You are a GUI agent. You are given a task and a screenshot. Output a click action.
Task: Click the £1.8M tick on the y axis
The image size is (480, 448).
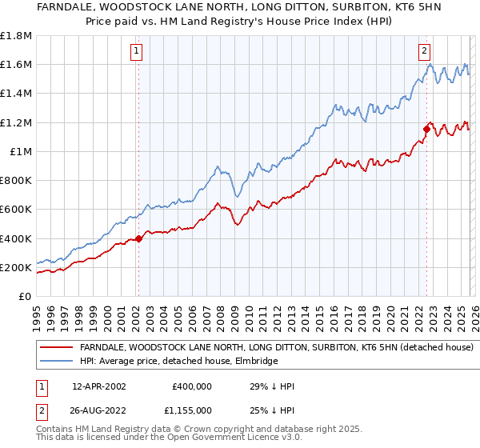(x=18, y=35)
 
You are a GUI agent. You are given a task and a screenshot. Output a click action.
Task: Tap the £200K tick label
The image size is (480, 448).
(x=16, y=267)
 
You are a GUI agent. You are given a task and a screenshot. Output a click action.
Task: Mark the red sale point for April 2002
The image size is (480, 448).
(x=138, y=238)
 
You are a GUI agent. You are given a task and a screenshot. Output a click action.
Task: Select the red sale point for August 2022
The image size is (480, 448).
(x=426, y=129)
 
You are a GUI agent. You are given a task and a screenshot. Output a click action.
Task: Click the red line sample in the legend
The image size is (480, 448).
(x=57, y=348)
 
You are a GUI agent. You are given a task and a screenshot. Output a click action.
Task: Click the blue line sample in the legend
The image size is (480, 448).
(x=57, y=361)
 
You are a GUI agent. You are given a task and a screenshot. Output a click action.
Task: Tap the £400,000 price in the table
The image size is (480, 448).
(x=191, y=386)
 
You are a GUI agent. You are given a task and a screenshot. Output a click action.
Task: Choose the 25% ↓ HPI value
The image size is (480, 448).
(x=273, y=410)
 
